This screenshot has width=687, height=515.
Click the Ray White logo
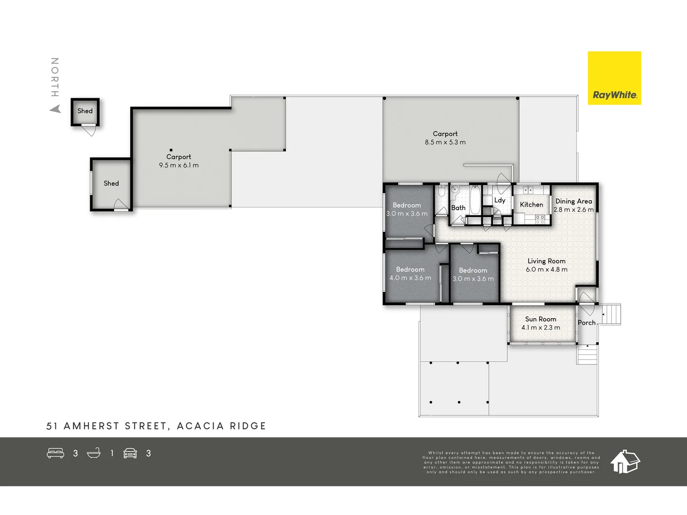(614, 78)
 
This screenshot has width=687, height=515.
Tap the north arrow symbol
(56, 109)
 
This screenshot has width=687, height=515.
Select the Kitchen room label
(531, 205)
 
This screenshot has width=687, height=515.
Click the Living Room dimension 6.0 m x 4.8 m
(546, 269)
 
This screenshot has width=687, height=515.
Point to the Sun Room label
(541, 319)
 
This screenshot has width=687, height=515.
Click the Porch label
(586, 323)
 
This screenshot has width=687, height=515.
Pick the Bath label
(458, 208)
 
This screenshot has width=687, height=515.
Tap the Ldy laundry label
(500, 200)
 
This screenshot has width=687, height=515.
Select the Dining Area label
(573, 201)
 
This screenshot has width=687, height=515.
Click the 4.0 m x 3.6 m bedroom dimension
(410, 278)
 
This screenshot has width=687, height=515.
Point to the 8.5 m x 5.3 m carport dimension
(445, 142)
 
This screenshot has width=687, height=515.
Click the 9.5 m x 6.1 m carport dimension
(178, 165)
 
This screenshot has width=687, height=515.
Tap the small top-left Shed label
(85, 111)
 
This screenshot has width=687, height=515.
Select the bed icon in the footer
(55, 453)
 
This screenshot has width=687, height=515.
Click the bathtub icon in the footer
(94, 453)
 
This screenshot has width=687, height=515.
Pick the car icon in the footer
(130, 453)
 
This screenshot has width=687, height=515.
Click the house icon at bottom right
(625, 461)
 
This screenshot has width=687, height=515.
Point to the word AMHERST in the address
(91, 426)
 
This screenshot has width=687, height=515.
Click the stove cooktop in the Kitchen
(540, 219)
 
